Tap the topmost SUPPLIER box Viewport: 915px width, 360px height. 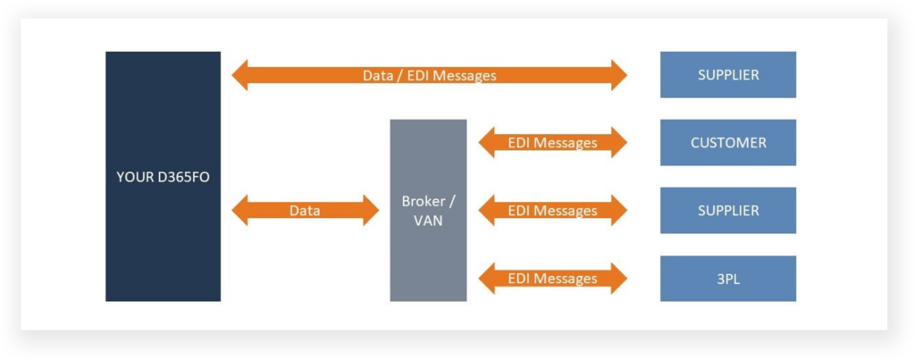(x=727, y=75)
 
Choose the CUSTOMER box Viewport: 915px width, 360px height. (x=727, y=143)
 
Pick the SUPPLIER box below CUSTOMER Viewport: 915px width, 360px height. (x=727, y=211)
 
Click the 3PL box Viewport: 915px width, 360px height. (x=727, y=279)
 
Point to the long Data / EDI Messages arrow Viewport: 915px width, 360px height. (x=429, y=76)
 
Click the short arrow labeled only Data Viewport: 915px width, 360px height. (x=305, y=211)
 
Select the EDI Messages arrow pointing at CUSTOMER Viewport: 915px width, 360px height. (x=552, y=143)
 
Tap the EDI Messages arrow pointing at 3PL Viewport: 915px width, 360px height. (x=552, y=279)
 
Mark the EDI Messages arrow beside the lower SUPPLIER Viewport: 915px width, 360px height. (x=552, y=211)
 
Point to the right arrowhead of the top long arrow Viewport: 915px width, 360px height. (x=617, y=76)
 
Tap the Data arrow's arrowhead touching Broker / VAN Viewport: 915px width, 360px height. (x=370, y=211)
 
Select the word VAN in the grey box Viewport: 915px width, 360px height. (x=428, y=220)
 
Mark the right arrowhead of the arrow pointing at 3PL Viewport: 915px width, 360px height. (x=617, y=279)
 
